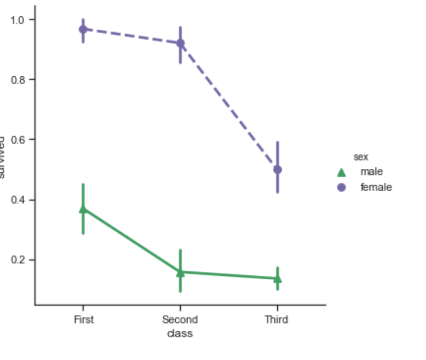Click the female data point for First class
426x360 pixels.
coord(83,29)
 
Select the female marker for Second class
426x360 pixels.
coord(180,43)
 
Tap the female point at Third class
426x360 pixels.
coord(277,169)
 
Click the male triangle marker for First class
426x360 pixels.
coord(83,209)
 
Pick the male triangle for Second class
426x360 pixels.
coord(180,273)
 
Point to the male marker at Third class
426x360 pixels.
coord(277,278)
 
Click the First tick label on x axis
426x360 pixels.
coord(84,320)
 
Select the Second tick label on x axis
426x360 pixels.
coord(180,320)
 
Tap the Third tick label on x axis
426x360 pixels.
coord(277,320)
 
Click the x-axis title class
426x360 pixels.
coord(180,333)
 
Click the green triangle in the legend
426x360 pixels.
coord(341,172)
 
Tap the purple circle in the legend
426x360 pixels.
coord(341,187)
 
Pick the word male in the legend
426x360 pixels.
coord(372,172)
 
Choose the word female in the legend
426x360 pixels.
coord(376,187)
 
